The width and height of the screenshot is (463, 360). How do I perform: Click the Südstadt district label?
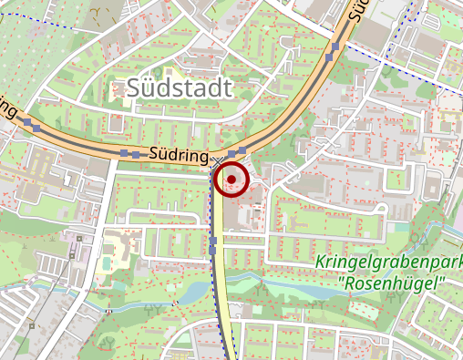(180, 88)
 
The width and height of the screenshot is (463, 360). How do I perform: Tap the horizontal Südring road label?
(179, 156)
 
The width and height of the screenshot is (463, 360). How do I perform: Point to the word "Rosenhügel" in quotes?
(395, 283)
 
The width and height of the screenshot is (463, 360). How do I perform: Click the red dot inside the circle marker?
(233, 178)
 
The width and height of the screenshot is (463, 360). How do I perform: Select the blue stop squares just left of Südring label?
(130, 154)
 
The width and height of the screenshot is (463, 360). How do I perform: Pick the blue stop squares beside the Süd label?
(336, 48)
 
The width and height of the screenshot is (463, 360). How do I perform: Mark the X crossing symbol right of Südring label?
(216, 160)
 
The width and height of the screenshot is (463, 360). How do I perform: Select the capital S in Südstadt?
(135, 88)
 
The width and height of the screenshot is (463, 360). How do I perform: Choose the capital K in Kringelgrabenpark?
(320, 263)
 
